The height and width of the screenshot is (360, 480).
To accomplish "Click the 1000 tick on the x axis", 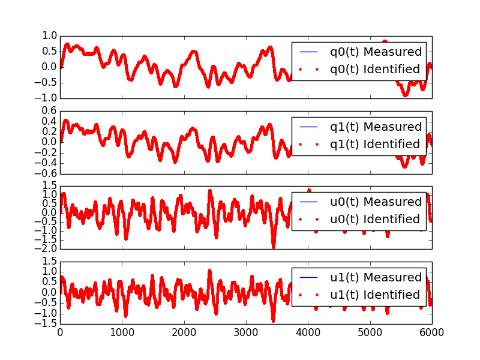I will (122, 331).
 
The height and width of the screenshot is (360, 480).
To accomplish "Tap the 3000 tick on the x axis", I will (246, 331).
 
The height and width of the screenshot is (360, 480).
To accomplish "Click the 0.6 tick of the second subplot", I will (48, 111).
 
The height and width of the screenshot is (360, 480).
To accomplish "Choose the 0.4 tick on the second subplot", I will (48, 121).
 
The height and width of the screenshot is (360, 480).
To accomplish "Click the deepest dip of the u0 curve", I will (273, 246).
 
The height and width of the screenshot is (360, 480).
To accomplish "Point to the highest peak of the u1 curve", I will (209, 271).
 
